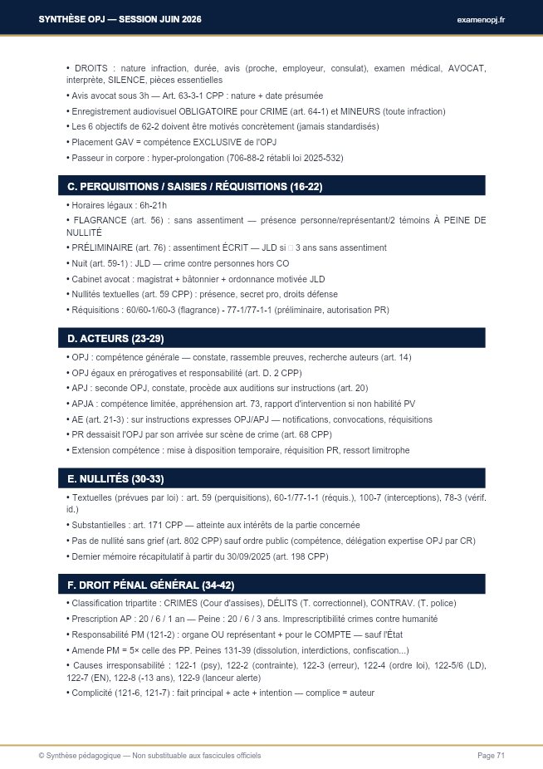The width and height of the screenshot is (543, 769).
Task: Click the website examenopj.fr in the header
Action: (x=481, y=19)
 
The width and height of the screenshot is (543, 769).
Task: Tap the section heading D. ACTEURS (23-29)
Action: (x=115, y=338)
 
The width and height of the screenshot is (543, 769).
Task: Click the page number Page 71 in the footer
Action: (x=491, y=755)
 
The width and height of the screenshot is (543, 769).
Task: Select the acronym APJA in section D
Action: (x=83, y=404)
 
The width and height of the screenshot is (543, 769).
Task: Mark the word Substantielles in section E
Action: (x=97, y=525)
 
